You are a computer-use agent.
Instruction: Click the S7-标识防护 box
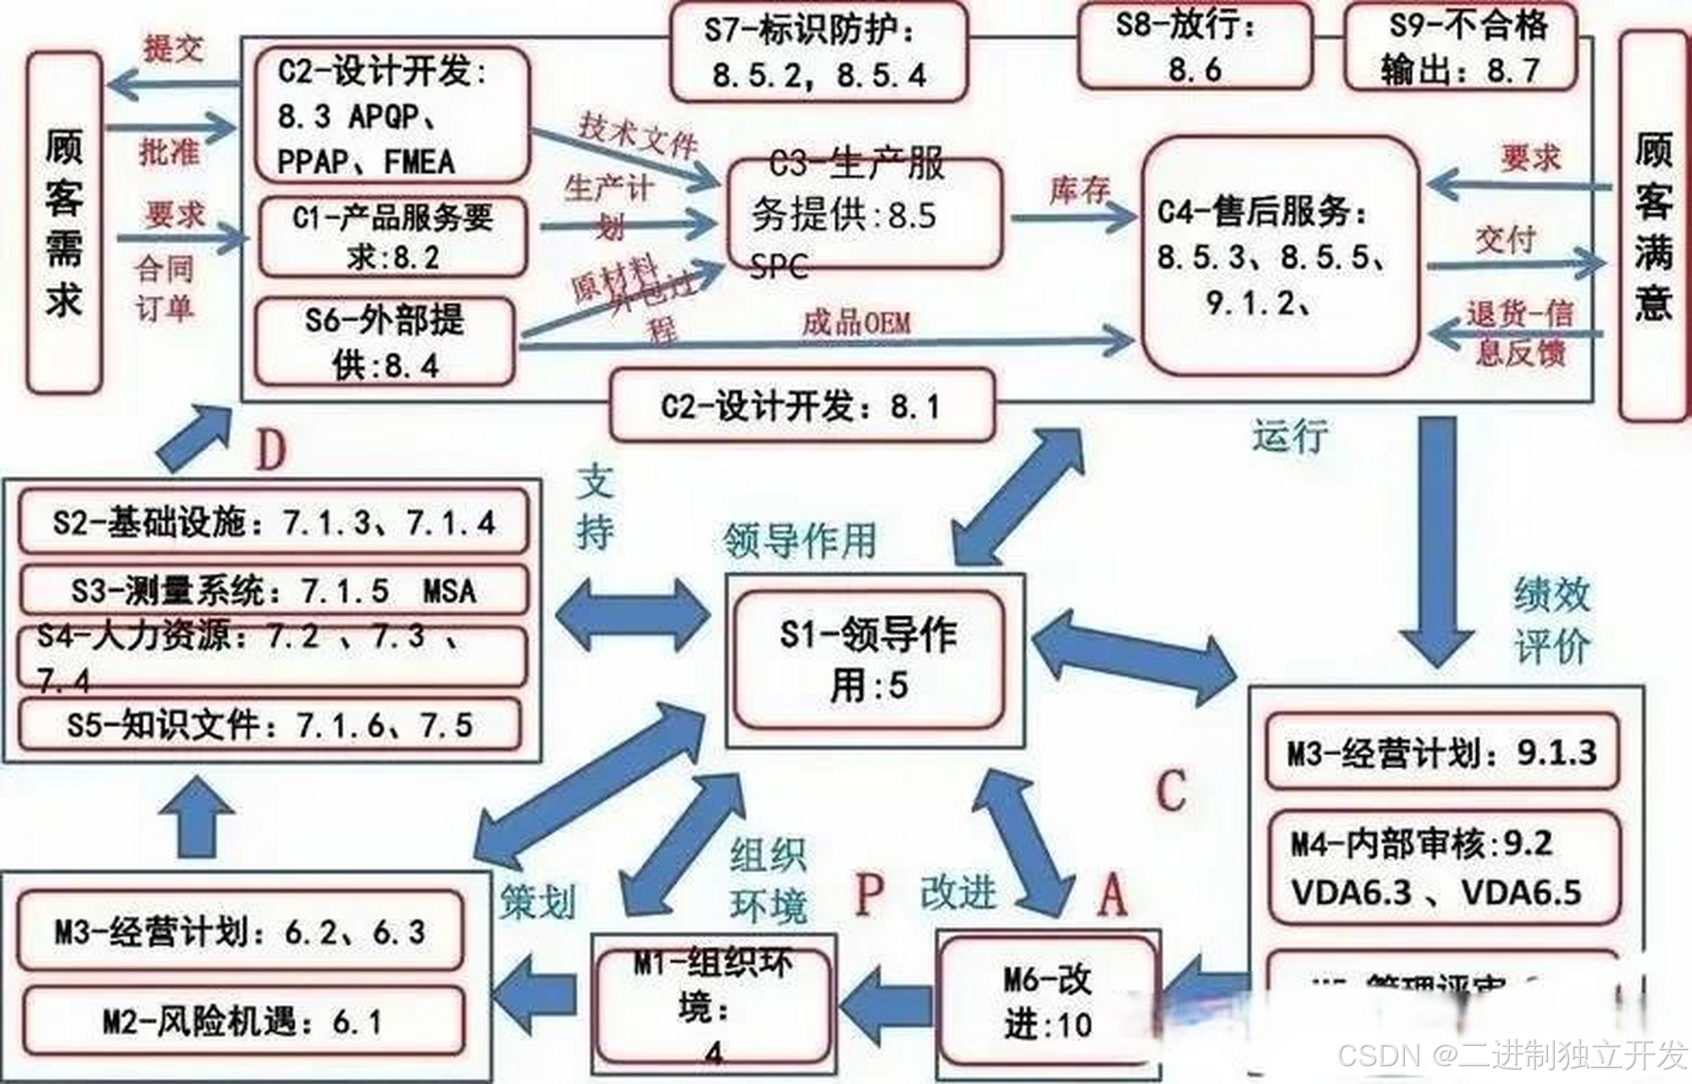point(818,53)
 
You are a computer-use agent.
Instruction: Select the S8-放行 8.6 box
point(1195,47)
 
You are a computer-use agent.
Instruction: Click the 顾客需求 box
point(64,222)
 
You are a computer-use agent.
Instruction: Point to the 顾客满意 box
point(1653,226)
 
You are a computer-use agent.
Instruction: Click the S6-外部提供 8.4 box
point(386,342)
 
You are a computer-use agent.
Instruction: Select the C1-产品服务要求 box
point(393,236)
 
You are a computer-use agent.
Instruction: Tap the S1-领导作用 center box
point(869,661)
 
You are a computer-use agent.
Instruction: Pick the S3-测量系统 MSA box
point(273,589)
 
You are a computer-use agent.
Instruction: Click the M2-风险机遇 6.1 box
point(241,1021)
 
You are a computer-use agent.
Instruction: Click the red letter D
point(270,451)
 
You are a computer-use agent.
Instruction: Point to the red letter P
point(868,894)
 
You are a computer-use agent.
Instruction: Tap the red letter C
point(1171,790)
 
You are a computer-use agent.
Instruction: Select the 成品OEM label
point(856,323)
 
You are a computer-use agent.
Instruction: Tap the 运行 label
point(1290,436)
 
